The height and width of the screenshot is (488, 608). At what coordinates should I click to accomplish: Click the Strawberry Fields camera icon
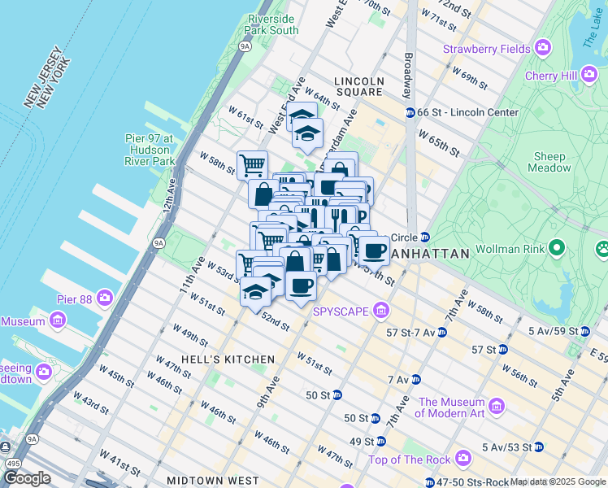[x=543, y=50]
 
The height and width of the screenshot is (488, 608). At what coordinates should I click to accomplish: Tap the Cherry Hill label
[x=550, y=76]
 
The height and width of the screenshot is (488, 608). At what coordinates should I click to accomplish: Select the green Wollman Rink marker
[x=557, y=246]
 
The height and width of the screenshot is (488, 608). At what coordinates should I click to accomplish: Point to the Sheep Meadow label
[x=549, y=162]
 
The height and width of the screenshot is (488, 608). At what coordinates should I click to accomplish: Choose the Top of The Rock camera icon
[x=463, y=459]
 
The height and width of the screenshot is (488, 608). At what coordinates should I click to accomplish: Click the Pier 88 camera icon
[x=105, y=298]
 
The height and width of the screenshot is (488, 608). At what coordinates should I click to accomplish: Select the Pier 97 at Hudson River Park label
[x=150, y=150]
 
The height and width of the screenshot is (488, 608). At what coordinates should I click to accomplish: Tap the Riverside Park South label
[x=273, y=24]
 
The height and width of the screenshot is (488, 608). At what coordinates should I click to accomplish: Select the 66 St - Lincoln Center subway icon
[x=410, y=112]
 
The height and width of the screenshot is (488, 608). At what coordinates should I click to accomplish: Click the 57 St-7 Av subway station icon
[x=441, y=333]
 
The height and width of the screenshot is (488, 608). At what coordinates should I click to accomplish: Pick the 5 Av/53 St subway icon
[x=538, y=447]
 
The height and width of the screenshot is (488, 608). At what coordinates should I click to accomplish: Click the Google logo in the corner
[x=28, y=478]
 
